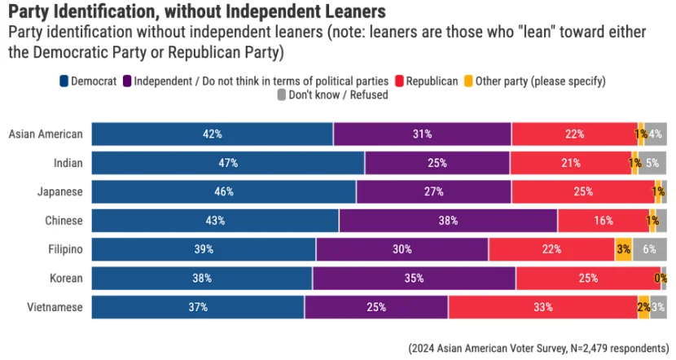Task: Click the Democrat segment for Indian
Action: point(227,163)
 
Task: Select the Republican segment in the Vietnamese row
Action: point(542,308)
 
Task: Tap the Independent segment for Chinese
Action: point(448,221)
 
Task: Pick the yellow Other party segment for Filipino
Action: point(624,249)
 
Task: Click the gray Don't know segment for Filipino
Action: point(650,249)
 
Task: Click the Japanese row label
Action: point(60,191)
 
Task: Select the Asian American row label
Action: point(46,134)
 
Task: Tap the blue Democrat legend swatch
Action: point(64,81)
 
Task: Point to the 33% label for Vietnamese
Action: point(542,308)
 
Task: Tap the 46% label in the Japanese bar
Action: point(224,191)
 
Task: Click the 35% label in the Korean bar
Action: point(413,279)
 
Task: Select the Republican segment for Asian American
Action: point(574,134)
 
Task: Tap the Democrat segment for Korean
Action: point(201,279)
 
